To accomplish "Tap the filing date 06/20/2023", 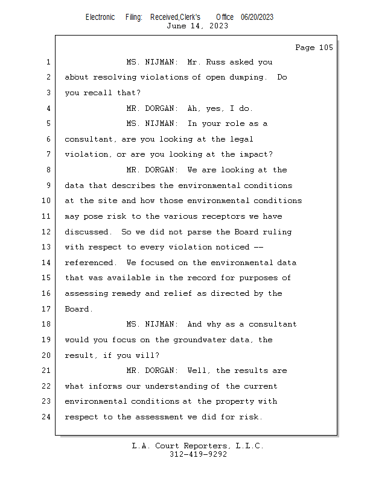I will point(257,17).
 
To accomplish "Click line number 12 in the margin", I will point(47,232).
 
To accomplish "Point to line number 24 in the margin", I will point(47,417).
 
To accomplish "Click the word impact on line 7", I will point(256,155).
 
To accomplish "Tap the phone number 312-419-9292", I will point(198,454).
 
